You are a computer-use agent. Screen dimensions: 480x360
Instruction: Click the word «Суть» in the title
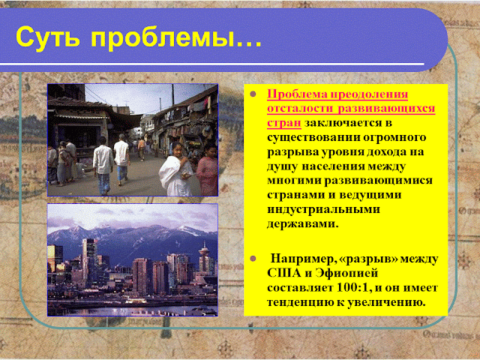pyautogui.click(x=48, y=37)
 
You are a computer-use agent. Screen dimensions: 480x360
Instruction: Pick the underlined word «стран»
pyautogui.click(x=284, y=123)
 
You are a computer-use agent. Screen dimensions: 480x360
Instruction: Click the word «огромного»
pyautogui.click(x=394, y=138)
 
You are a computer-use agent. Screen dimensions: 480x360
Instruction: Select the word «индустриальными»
pyautogui.click(x=323, y=210)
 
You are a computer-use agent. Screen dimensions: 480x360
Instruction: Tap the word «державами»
pyautogui.click(x=301, y=224)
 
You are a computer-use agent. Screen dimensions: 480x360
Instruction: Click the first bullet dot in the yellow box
pyautogui.click(x=253, y=94)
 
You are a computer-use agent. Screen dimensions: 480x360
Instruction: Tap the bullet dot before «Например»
pyautogui.click(x=253, y=259)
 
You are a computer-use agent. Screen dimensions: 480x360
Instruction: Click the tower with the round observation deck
pyautogui.click(x=204, y=258)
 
